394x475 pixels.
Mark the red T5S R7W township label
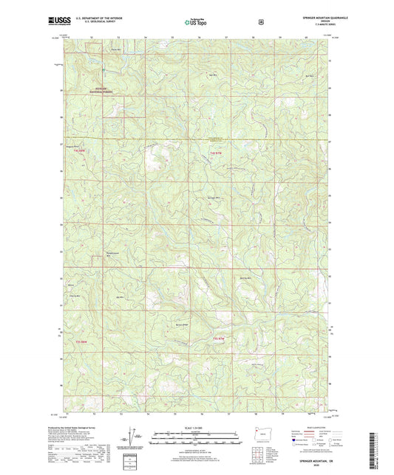coord(217,339)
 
